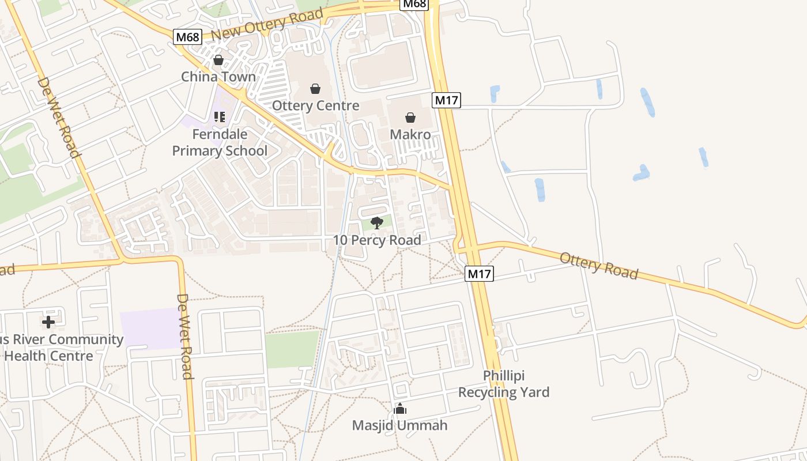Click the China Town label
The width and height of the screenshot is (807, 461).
coord(218,77)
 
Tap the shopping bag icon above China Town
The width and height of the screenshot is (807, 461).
coord(218,60)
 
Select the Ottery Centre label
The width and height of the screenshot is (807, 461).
coord(315,106)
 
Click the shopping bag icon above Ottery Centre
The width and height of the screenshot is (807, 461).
coord(315,89)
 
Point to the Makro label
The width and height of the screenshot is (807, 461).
coord(410,135)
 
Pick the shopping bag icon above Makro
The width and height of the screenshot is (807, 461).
coord(410,118)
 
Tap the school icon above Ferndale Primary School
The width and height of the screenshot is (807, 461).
coord(219,117)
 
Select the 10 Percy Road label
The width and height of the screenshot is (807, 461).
coord(377,240)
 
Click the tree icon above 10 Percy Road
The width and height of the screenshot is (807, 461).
coord(377,223)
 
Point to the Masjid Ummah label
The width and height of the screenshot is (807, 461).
coord(400,426)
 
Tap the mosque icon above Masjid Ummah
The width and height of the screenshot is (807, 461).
coord(400,409)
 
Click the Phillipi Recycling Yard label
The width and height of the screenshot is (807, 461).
coord(503,384)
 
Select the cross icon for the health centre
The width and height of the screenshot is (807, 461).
coord(48,322)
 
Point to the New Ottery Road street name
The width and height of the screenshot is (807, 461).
coord(267,25)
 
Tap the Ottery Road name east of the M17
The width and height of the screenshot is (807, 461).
coord(599,266)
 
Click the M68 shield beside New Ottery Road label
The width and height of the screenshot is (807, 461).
coord(187,37)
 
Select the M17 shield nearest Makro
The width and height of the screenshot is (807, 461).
coord(446,100)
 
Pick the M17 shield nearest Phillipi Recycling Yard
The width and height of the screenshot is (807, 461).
coord(479,274)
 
